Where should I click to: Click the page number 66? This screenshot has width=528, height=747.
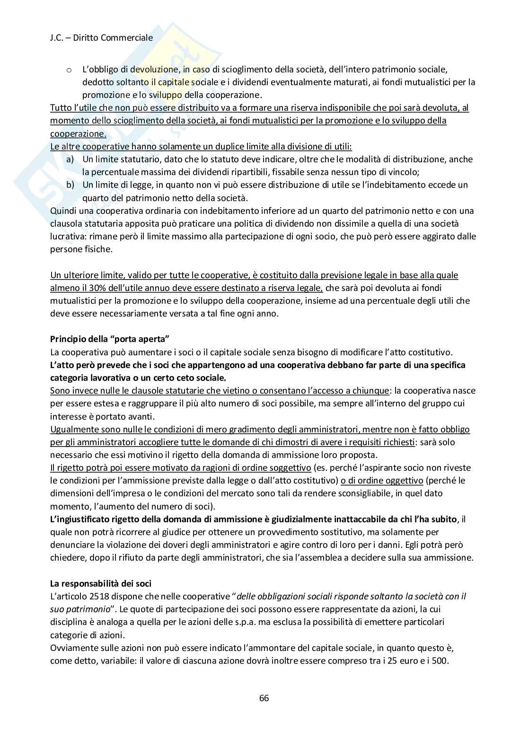click(x=264, y=698)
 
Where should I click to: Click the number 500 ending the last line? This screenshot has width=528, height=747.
click(x=440, y=660)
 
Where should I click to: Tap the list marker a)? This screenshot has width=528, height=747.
click(x=70, y=159)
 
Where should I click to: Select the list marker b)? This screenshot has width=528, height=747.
click(x=70, y=185)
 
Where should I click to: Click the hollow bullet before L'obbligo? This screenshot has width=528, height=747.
click(x=69, y=70)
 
